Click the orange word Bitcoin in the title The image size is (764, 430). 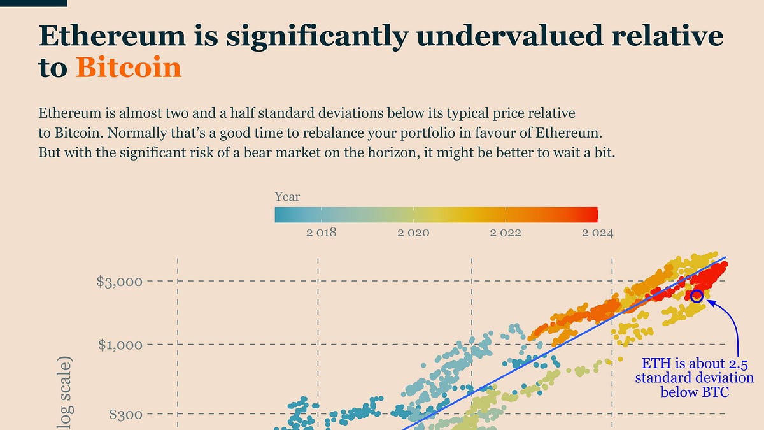pos(129,68)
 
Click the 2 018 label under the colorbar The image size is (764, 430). pos(321,233)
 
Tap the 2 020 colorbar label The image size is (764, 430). pos(413,233)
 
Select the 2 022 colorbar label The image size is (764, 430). pos(506,233)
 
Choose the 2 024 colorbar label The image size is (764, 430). pos(597,233)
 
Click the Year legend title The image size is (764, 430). pos(287,197)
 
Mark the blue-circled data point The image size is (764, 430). pos(697,296)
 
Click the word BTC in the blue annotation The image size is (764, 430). pos(716,392)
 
